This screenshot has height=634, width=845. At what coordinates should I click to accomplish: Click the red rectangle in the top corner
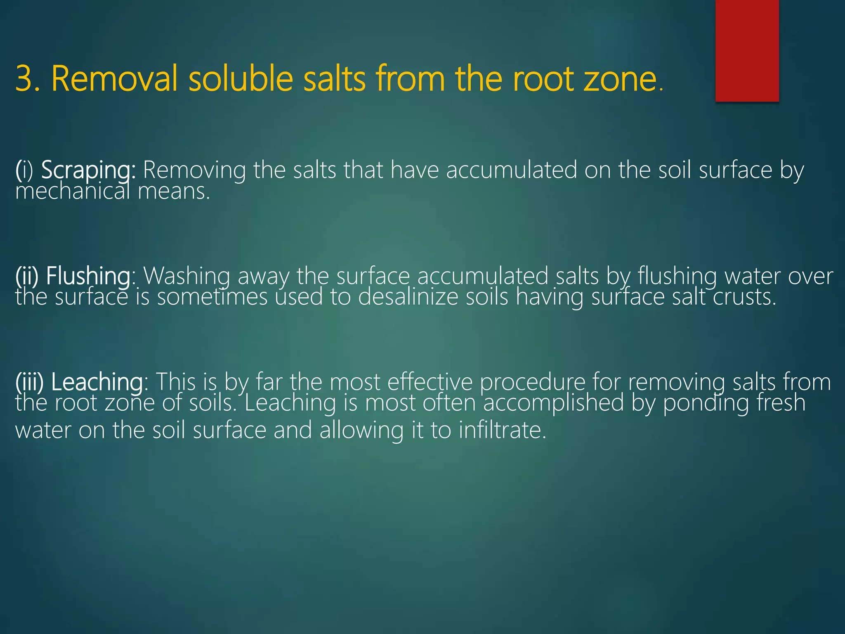(747, 50)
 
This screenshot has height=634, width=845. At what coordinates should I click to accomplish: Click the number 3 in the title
(24, 78)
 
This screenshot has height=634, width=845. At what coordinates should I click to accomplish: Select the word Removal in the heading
(114, 78)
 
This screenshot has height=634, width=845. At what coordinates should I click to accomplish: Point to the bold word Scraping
(88, 170)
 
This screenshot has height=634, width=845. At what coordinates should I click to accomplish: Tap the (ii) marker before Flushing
(27, 276)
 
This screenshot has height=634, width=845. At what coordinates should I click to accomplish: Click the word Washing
(186, 276)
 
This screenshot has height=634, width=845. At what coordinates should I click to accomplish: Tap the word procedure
(532, 382)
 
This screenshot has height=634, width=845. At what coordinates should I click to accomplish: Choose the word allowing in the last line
(361, 430)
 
